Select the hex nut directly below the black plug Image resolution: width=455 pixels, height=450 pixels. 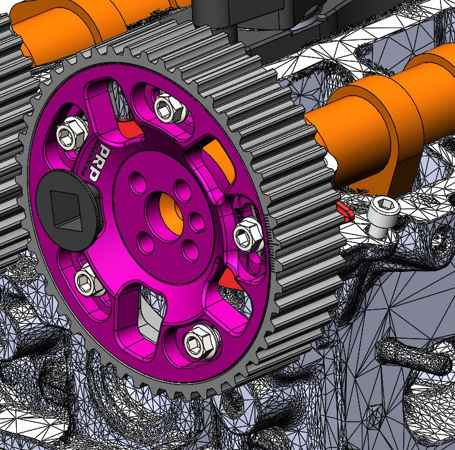tap(89, 282)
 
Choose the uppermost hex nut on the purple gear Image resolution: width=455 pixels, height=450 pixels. tap(167, 107)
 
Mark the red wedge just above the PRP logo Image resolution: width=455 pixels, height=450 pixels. tap(130, 130)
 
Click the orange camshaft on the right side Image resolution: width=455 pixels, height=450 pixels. tap(387, 106)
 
